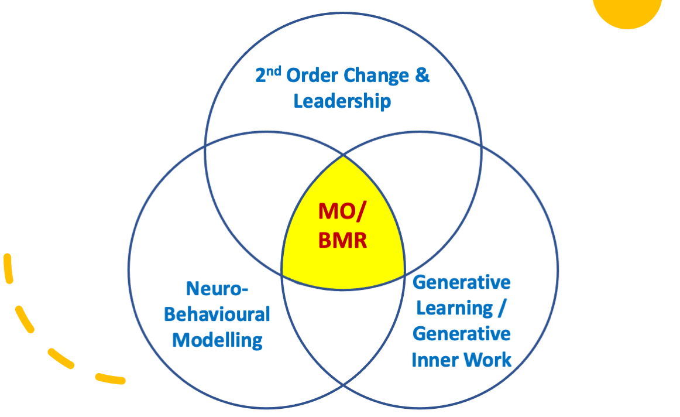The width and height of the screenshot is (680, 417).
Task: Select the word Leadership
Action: pyautogui.click(x=342, y=101)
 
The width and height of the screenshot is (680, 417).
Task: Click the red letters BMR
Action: pyautogui.click(x=343, y=240)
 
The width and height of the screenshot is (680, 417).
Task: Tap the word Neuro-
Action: pyautogui.click(x=217, y=289)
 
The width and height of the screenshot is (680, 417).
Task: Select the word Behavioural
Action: pyautogui.click(x=217, y=315)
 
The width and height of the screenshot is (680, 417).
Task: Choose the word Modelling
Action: pyautogui.click(x=217, y=340)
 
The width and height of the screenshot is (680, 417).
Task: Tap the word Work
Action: pyautogui.click(x=488, y=360)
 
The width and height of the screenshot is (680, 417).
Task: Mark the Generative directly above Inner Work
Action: pyautogui.click(x=462, y=334)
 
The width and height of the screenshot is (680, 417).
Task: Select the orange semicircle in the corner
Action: pyautogui.click(x=627, y=12)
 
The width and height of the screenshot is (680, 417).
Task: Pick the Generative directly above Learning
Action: pyautogui.click(x=462, y=282)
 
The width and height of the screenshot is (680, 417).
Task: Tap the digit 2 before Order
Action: pyautogui.click(x=261, y=77)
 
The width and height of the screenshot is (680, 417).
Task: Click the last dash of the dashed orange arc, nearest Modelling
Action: pyautogui.click(x=109, y=379)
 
